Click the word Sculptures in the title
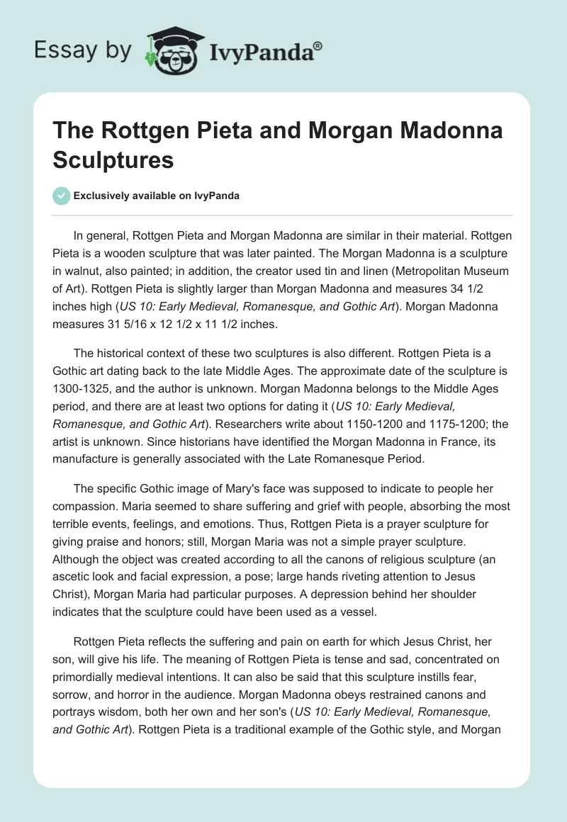point(113,159)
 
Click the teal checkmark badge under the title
point(62,196)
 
